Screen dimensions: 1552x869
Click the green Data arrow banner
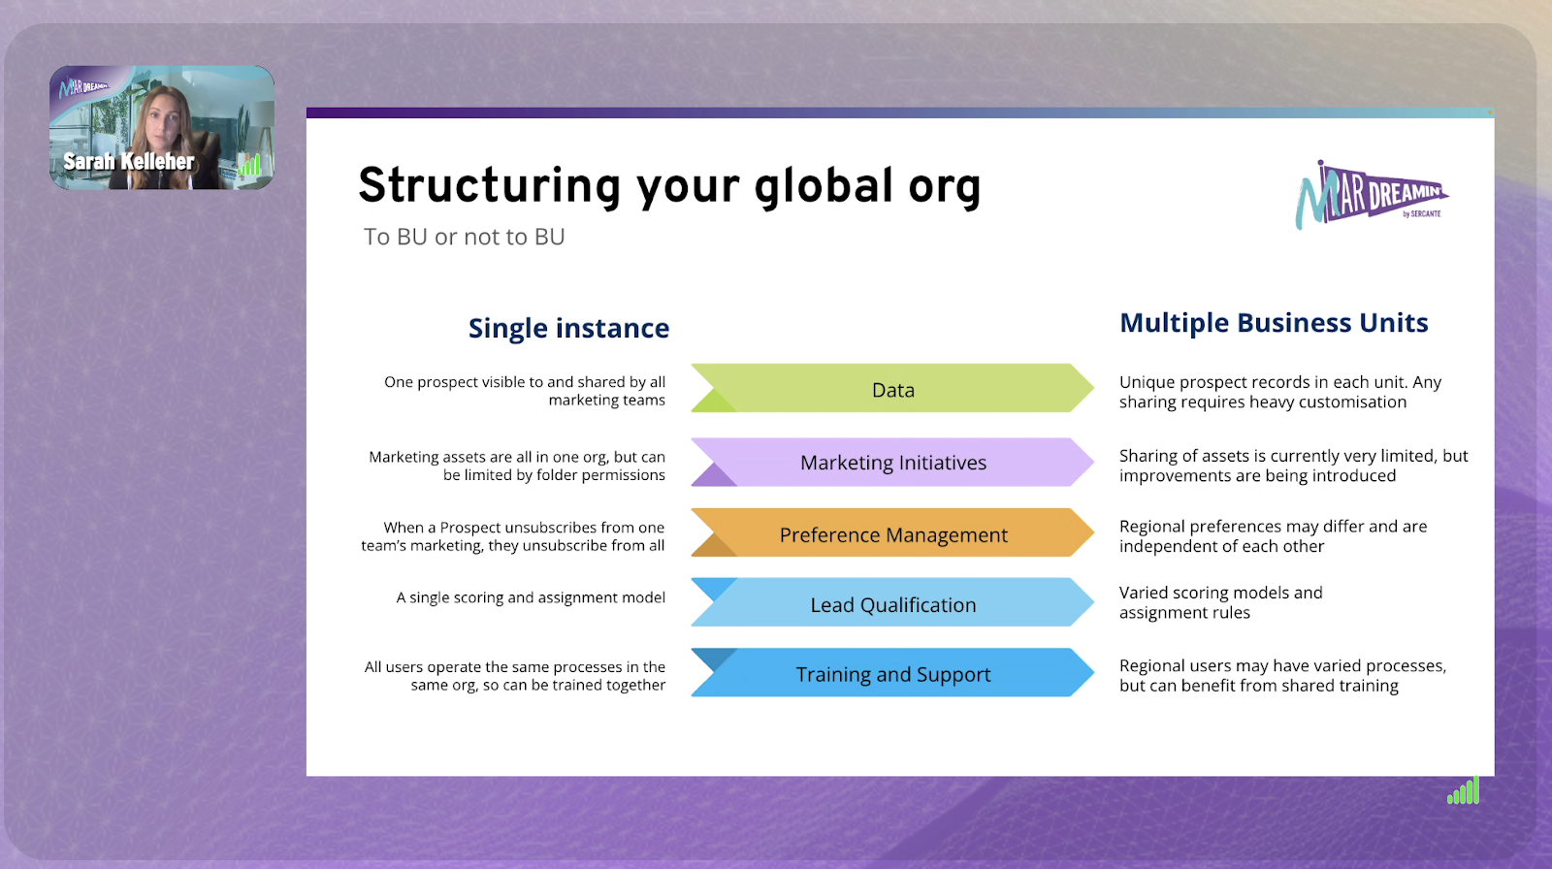pos(892,388)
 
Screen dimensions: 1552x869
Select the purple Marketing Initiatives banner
pos(892,462)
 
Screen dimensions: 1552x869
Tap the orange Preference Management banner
pos(892,532)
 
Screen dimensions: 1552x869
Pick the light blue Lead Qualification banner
pos(892,602)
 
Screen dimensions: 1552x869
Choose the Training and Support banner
pos(892,672)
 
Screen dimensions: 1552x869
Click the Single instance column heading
pos(568,329)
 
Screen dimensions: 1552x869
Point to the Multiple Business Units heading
pos(1274,323)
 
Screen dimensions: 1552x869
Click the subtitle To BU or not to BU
pos(465,237)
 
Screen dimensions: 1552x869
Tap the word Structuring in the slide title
pos(490,187)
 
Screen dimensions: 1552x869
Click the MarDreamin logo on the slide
pos(1372,195)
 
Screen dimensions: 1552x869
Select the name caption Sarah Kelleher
pos(129,161)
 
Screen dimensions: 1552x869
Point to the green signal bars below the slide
pos(1464,790)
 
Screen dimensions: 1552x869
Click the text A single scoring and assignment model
pos(531,597)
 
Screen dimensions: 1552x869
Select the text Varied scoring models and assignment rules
pos(1221,602)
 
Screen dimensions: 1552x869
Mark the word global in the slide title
pos(824,188)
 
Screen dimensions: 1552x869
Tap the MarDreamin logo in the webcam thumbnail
pos(82,87)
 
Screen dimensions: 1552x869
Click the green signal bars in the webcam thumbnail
pos(248,165)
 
